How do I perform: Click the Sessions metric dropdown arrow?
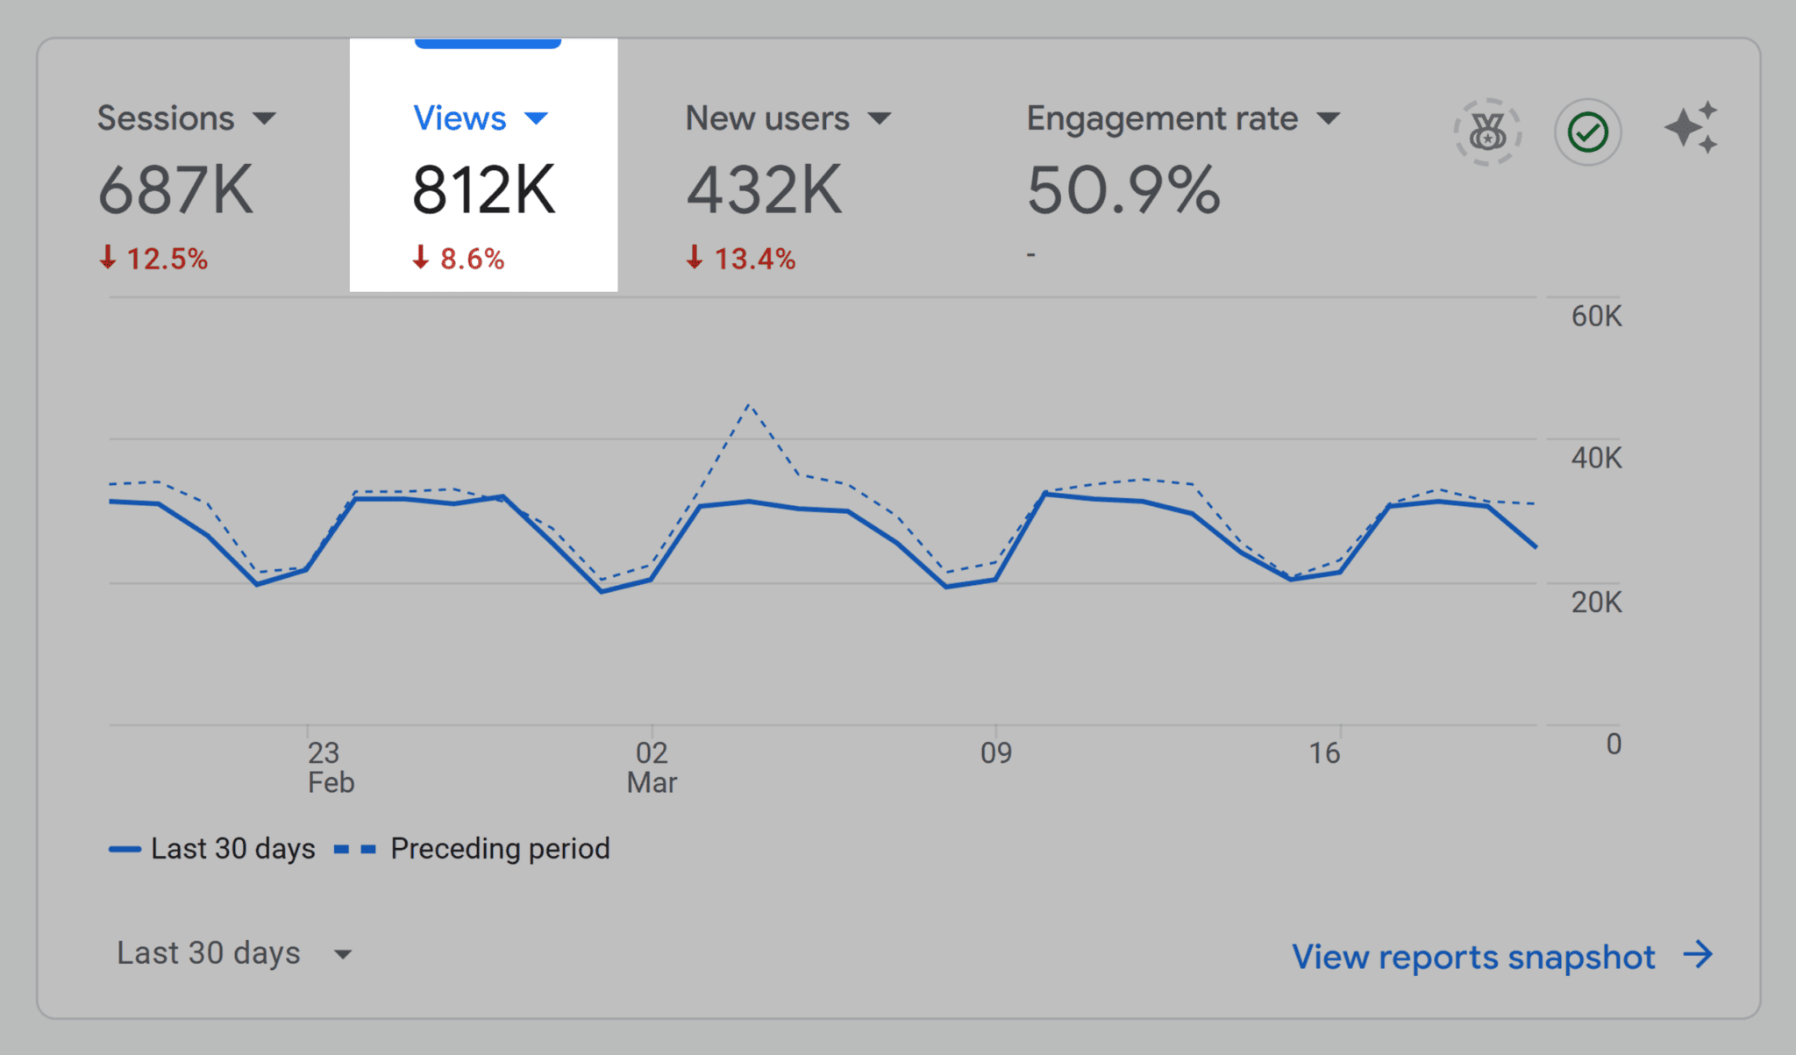(x=264, y=118)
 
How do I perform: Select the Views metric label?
(x=460, y=118)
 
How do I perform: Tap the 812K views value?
(x=483, y=190)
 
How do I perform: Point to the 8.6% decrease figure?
(x=471, y=259)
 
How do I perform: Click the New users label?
(x=766, y=118)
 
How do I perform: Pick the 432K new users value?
(x=763, y=190)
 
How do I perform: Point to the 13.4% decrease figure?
(x=753, y=259)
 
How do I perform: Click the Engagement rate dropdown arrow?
(x=1329, y=118)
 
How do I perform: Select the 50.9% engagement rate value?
(x=1122, y=190)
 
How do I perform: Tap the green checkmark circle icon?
(x=1587, y=132)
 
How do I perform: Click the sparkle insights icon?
(x=1692, y=128)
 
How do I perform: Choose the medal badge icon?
(x=1487, y=132)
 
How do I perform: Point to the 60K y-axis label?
(x=1596, y=316)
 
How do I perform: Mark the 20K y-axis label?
(x=1596, y=602)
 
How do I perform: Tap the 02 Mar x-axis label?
(x=652, y=766)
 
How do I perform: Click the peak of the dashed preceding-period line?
(x=748, y=405)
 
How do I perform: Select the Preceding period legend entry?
(x=499, y=849)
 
